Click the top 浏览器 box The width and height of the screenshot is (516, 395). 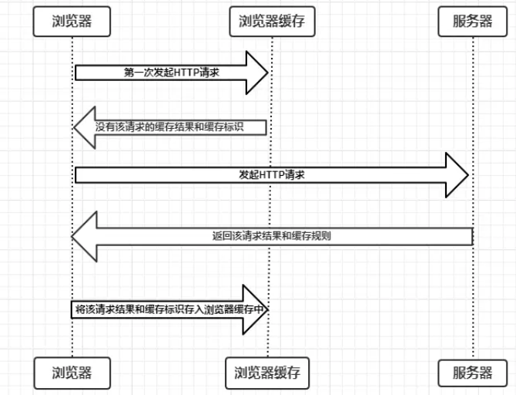pos(72,21)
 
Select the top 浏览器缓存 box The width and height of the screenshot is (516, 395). pos(267,21)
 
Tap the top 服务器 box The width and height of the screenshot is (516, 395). pos(472,21)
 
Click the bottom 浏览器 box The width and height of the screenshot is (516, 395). pos(72,373)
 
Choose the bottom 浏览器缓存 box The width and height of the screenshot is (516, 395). pos(267,373)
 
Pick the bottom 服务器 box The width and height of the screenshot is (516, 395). pos(472,373)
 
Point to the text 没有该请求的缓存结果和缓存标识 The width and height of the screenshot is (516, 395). pos(169,127)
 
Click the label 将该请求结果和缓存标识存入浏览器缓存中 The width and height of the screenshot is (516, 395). pos(169,309)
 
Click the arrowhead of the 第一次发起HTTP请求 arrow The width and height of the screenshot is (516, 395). pos(256,73)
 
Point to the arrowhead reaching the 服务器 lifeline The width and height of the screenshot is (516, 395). pos(459,175)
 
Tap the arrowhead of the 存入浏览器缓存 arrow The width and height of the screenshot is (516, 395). pos(256,309)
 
